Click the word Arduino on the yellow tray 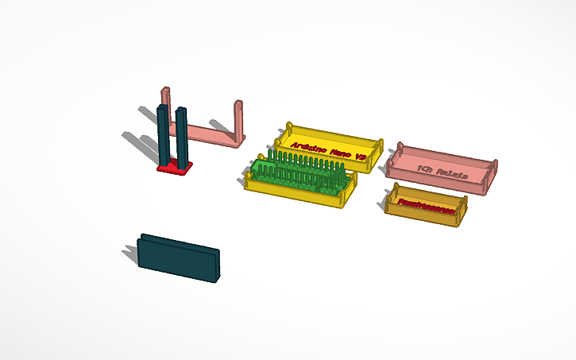(x=311, y=146)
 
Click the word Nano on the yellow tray (x=340, y=152)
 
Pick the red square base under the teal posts (x=175, y=168)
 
